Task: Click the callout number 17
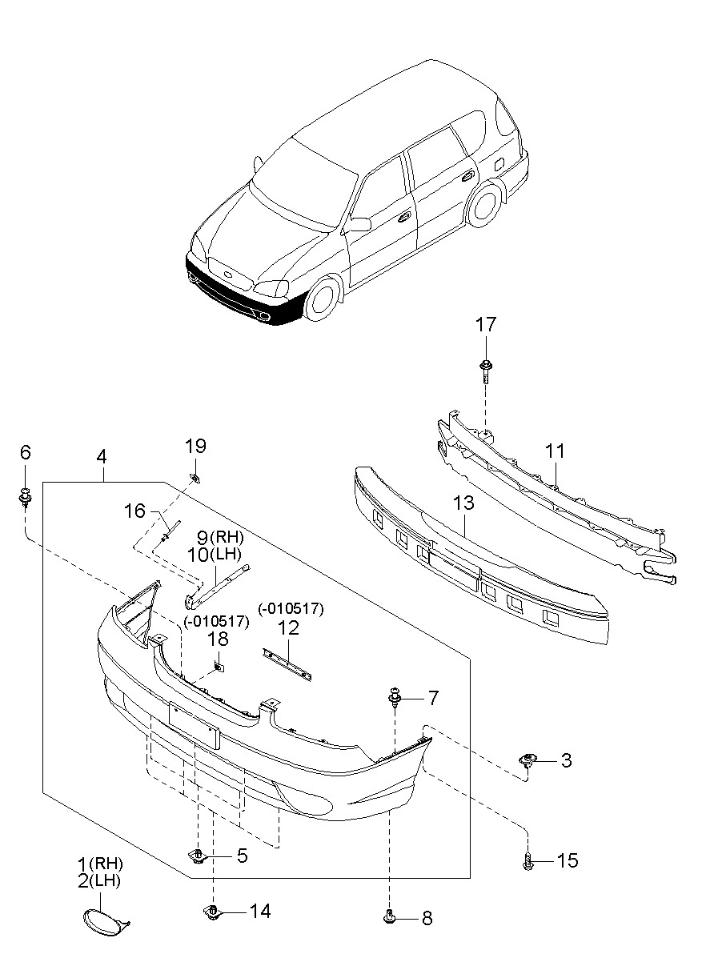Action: (485, 325)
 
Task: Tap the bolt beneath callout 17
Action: (485, 371)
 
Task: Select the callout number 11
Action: (555, 451)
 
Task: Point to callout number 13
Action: (463, 503)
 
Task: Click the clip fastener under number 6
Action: (26, 497)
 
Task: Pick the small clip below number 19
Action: (195, 478)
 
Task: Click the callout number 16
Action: (134, 511)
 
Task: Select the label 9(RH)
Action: (220, 538)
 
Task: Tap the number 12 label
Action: (289, 628)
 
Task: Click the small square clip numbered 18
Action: (219, 667)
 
